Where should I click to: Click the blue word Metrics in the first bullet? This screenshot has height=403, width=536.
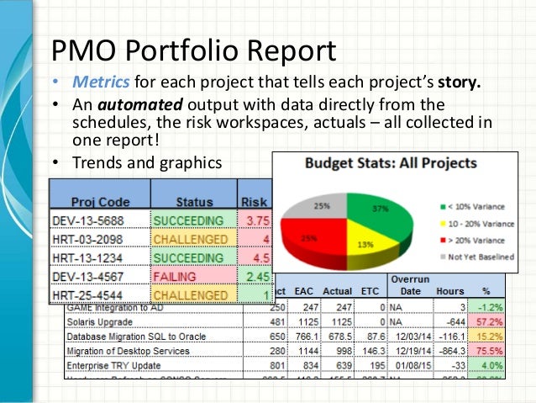point(99,85)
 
